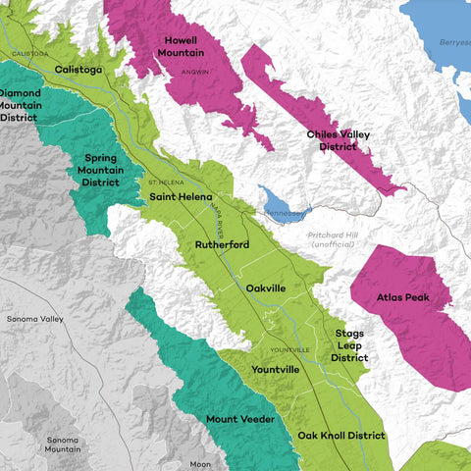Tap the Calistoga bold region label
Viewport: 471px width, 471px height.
(78, 70)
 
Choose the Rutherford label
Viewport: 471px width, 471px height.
(222, 244)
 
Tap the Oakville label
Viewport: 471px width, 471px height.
(266, 288)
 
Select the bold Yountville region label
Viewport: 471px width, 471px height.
(276, 370)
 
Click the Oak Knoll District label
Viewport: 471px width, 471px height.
(341, 435)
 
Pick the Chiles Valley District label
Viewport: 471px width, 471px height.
(336, 140)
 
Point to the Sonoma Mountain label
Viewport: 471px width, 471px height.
(62, 443)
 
